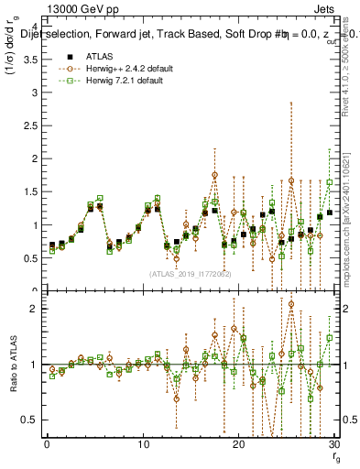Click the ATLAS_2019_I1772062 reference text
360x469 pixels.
click(191, 273)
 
